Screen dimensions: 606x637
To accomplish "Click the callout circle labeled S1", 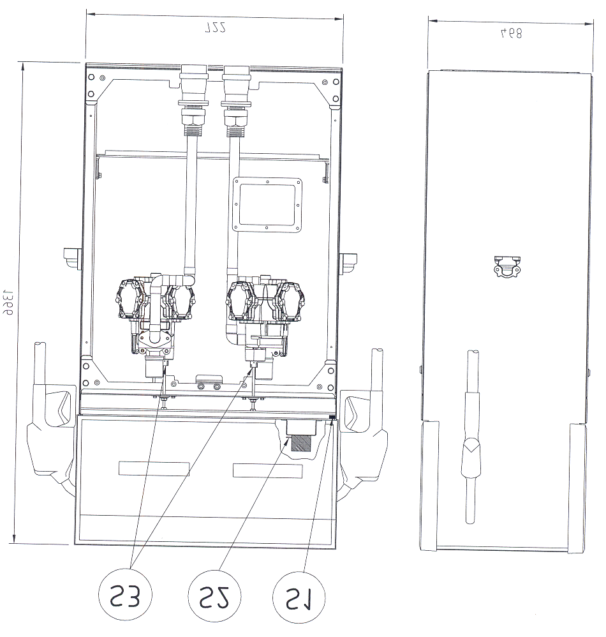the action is point(300,597).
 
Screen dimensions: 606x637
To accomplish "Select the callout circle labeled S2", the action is point(214,597).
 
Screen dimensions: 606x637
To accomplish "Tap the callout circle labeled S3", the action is point(125,596).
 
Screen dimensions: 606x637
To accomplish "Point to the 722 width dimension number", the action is point(215,27).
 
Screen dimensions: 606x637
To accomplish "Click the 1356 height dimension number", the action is point(7,303).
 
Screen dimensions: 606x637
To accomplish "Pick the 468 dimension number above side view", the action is point(511,33).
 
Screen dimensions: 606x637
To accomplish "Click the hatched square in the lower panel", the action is point(301,443).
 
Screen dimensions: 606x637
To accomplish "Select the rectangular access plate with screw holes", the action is point(268,205).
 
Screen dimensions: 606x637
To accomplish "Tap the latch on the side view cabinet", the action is point(507,267).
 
